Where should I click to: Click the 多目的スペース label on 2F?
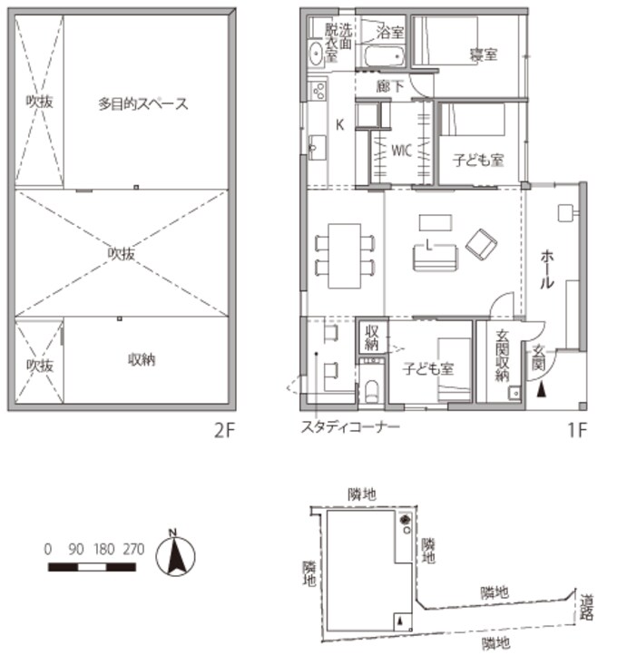pyautogui.click(x=142, y=103)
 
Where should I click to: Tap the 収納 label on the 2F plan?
pyautogui.click(x=142, y=359)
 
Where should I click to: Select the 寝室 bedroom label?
pyautogui.click(x=484, y=54)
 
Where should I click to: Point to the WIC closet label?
pyautogui.click(x=401, y=151)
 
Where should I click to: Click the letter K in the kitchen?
pyautogui.click(x=339, y=124)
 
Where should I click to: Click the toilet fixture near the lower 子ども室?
pyautogui.click(x=371, y=391)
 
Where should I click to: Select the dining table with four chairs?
pyautogui.click(x=344, y=256)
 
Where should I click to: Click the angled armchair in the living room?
pyautogui.click(x=481, y=244)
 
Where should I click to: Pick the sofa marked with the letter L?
pyautogui.click(x=435, y=258)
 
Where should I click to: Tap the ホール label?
pyautogui.click(x=547, y=269)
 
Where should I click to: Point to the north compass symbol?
pyautogui.click(x=175, y=554)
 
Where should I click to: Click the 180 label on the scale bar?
pyautogui.click(x=104, y=549)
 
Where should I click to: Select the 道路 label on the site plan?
pyautogui.click(x=587, y=607)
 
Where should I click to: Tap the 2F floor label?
pyautogui.click(x=225, y=431)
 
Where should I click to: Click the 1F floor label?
pyautogui.click(x=577, y=430)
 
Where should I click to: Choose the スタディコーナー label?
pyautogui.click(x=350, y=426)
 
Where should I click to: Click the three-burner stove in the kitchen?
pyautogui.click(x=318, y=91)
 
